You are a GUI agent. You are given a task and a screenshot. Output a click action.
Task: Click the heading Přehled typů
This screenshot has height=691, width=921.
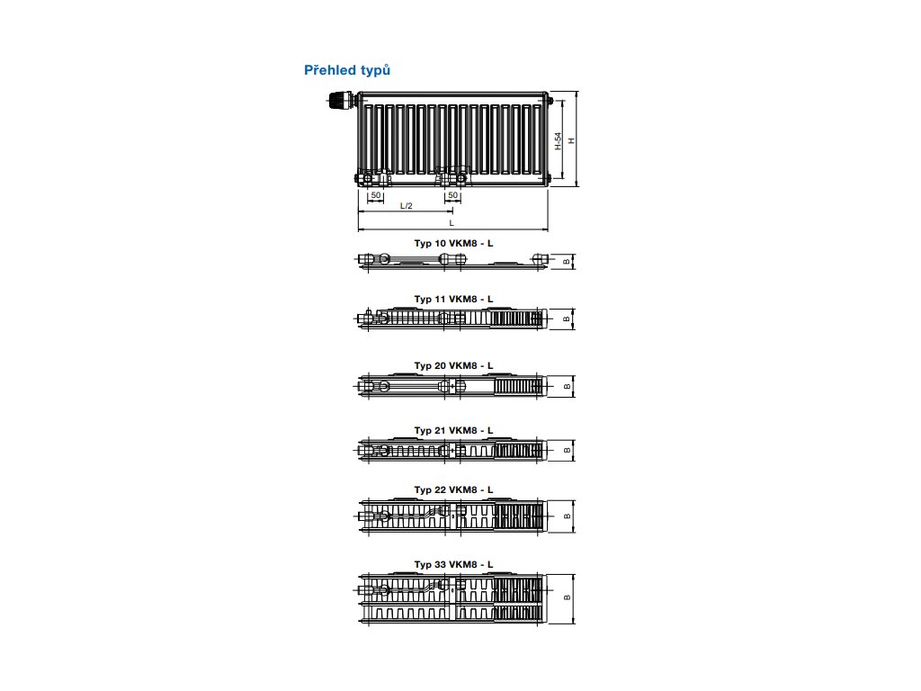[x=347, y=70]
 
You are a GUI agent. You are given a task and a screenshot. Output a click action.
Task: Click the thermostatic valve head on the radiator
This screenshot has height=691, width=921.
[x=339, y=102]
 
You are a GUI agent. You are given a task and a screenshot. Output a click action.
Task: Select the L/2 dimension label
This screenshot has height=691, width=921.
[x=406, y=206]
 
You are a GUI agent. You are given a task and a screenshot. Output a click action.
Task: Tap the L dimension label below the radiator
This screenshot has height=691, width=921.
[x=452, y=222]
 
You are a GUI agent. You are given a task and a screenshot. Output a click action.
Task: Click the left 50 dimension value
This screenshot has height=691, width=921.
[x=377, y=194]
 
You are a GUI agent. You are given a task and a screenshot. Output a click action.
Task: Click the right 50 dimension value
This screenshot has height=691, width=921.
[x=452, y=194]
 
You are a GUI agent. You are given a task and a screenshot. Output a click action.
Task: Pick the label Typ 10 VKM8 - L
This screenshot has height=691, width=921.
[x=453, y=244]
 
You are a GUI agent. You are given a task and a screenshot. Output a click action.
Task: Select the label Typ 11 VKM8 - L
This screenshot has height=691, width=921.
[x=453, y=298]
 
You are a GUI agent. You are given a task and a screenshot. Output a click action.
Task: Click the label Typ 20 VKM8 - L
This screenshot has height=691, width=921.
[x=453, y=365]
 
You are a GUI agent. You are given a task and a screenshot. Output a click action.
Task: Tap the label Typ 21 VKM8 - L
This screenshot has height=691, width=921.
[x=453, y=430]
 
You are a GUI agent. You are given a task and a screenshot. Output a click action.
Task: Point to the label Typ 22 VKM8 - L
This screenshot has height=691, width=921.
[x=453, y=489]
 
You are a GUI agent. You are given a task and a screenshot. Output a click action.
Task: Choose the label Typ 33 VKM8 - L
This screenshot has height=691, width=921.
[x=453, y=564]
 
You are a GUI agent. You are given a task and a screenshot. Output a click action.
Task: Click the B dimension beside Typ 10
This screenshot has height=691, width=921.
[x=566, y=261]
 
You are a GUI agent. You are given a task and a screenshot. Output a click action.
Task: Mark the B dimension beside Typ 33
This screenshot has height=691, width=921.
[x=566, y=597]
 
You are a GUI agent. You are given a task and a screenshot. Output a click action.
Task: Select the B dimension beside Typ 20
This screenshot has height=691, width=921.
[x=566, y=386]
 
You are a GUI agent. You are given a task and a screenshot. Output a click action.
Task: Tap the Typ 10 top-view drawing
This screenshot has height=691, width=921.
[x=452, y=261]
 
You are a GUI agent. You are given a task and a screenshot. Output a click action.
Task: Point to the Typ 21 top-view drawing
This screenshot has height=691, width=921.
[x=452, y=449]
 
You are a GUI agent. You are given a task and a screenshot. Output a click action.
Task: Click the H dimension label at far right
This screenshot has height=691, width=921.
[x=571, y=140]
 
